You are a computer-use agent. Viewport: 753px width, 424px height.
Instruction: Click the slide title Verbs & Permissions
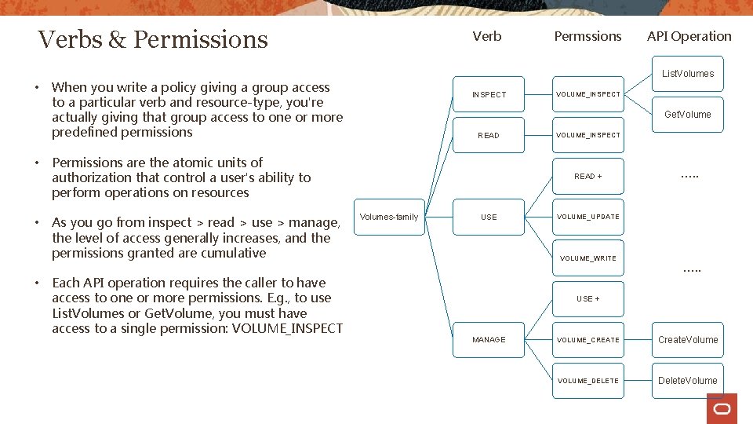[153, 39]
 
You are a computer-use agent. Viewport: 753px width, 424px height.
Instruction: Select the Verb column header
[487, 36]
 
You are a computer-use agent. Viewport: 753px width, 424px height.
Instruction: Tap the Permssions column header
[587, 36]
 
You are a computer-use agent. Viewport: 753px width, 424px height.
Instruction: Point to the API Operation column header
[689, 36]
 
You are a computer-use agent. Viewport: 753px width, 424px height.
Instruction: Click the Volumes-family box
[389, 217]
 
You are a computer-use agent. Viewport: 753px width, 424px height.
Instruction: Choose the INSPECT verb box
[489, 94]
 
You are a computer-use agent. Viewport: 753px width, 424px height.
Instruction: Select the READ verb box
[489, 135]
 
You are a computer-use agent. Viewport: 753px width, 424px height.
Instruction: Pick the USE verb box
[489, 217]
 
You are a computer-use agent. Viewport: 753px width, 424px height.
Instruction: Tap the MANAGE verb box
[489, 340]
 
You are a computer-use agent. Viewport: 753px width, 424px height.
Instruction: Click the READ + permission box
[587, 176]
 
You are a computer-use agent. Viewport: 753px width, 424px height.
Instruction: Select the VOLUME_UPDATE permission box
[587, 217]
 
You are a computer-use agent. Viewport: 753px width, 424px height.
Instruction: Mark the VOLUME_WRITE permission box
[587, 258]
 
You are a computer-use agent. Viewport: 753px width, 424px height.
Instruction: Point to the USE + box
[587, 298]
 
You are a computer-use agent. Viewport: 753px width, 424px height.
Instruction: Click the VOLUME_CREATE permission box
[587, 340]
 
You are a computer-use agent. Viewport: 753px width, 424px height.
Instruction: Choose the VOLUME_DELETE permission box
[587, 381]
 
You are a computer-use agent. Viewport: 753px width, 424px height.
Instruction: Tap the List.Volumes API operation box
[688, 74]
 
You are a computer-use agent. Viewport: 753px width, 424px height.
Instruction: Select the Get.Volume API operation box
[688, 115]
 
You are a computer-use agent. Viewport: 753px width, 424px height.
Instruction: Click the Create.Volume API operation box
[688, 340]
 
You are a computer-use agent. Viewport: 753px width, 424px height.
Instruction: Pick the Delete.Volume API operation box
[688, 381]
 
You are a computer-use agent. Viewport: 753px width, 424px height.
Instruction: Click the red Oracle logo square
[722, 408]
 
